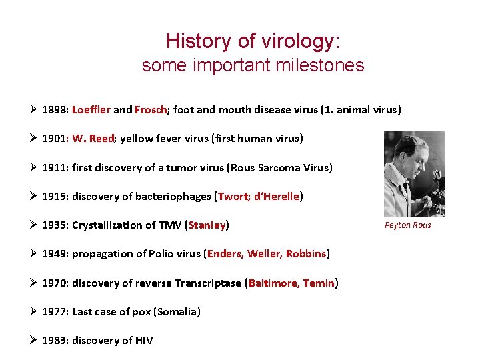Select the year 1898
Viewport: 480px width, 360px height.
[x=54, y=109]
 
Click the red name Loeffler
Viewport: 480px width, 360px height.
[x=91, y=109]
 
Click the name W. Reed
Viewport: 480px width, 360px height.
[x=94, y=139]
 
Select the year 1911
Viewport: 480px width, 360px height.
[x=54, y=167]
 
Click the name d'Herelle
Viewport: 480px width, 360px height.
[x=277, y=196]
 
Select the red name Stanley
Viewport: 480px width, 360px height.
[x=207, y=225]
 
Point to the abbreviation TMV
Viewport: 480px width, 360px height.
[x=171, y=225]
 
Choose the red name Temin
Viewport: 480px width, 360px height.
[x=319, y=283]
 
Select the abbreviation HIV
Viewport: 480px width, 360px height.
[x=144, y=340]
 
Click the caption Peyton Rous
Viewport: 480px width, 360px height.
[x=408, y=225]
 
